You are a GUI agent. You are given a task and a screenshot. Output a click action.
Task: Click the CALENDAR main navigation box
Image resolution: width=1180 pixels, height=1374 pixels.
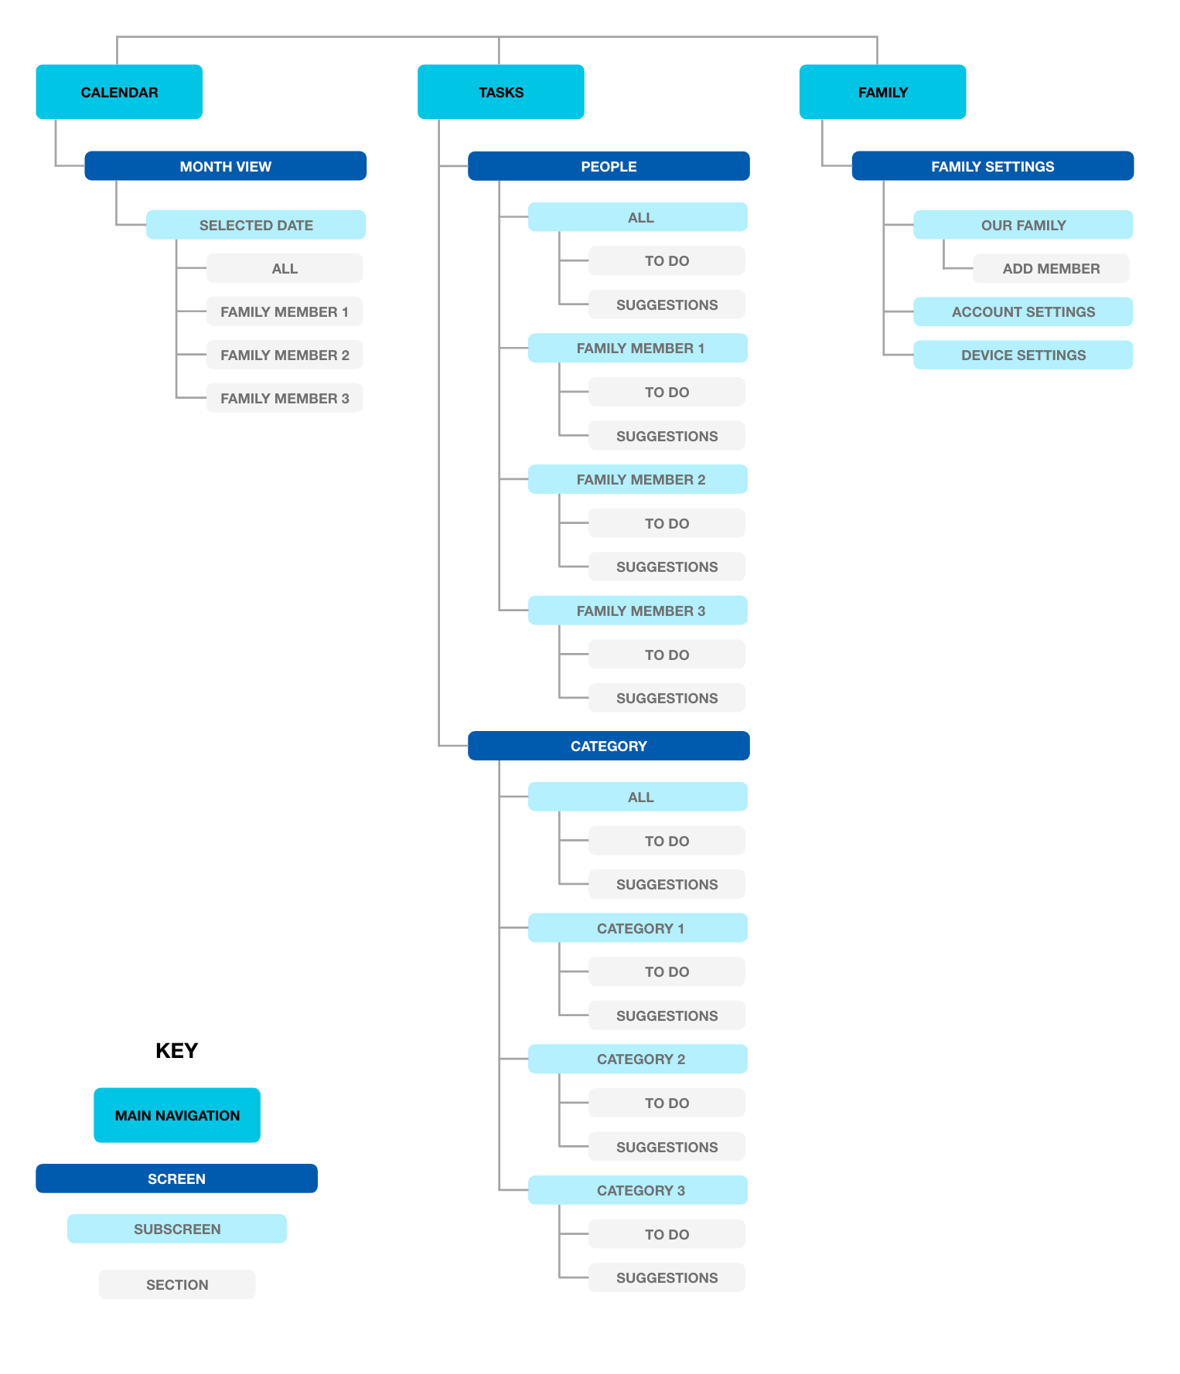[x=119, y=92]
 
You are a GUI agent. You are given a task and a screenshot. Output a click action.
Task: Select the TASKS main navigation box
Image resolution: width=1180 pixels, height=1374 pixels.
[x=500, y=92]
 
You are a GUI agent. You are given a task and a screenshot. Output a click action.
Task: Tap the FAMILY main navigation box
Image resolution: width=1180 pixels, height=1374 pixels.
[x=882, y=92]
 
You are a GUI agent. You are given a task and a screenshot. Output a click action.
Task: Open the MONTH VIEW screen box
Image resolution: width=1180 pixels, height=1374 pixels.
[x=225, y=166]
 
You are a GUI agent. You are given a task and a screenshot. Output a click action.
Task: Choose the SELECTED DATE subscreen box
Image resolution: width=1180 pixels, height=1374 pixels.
[x=256, y=225]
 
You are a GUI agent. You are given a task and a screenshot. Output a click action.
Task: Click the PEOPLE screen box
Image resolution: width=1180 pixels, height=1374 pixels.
[x=609, y=166]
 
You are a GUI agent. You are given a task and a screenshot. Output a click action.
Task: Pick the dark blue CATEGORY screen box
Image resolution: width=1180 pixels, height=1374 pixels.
[x=609, y=746]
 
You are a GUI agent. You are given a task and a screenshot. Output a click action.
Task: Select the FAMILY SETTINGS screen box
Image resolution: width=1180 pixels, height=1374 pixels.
[x=993, y=166]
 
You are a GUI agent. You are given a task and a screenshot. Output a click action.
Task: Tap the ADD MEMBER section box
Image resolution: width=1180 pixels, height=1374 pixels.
[x=1051, y=268]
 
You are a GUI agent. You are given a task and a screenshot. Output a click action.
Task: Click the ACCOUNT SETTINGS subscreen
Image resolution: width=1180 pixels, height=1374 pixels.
[x=1023, y=311]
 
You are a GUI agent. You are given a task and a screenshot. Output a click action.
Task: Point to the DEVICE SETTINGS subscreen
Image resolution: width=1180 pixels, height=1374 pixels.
[x=1023, y=355]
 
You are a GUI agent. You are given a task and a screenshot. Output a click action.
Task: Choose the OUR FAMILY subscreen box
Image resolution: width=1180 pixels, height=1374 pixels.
[x=1023, y=225]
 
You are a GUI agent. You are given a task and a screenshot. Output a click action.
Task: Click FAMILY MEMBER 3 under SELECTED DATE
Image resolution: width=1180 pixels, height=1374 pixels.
[x=285, y=398]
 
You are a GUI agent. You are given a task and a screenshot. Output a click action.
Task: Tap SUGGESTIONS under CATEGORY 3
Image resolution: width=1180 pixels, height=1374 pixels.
[x=667, y=1277]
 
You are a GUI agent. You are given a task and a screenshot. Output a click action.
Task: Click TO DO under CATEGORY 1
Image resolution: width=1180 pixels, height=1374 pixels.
[x=667, y=971]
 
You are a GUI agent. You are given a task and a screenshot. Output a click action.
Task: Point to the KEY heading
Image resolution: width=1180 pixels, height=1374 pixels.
[x=177, y=1051]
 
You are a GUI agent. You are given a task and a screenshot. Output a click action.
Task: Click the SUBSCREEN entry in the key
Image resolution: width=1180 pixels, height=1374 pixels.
[x=177, y=1229]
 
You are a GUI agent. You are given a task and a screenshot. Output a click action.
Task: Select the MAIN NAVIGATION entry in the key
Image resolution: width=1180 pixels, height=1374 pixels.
[x=177, y=1115]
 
